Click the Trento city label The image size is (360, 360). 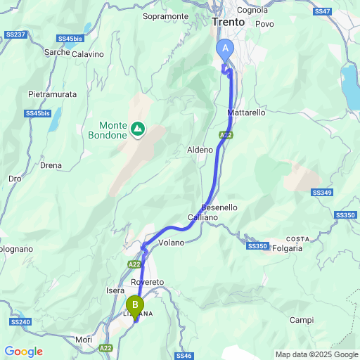229,22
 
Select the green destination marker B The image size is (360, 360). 134,306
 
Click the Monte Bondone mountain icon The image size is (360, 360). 138,129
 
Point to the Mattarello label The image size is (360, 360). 247,112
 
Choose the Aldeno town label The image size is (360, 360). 199,150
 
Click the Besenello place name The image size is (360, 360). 219,207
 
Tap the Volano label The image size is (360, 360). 172,243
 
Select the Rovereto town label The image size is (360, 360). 146,281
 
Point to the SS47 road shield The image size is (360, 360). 322,12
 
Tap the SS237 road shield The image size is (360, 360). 15,34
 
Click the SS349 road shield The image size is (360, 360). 321,193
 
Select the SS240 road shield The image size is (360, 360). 20,321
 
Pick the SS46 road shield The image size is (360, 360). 184,356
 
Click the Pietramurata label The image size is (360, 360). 52,94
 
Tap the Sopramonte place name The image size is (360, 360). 165,15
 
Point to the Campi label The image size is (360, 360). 301,320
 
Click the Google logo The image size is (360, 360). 23,351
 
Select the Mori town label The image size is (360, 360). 84,340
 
